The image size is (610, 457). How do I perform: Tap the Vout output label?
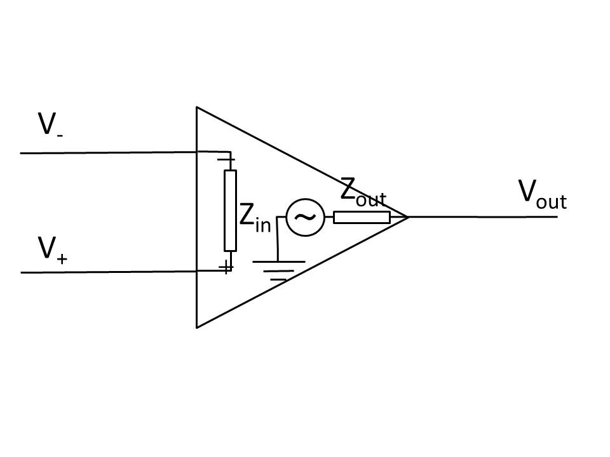pyautogui.click(x=542, y=195)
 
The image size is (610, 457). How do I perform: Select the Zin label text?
pyautogui.click(x=255, y=218)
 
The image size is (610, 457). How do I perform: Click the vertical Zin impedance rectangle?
pyautogui.click(x=230, y=211)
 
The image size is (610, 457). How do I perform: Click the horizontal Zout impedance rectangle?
pyautogui.click(x=362, y=217)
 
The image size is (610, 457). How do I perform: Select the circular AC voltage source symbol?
pyautogui.click(x=306, y=217)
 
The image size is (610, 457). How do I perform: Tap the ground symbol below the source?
pyautogui.click(x=278, y=270)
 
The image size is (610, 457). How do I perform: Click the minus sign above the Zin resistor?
pyautogui.click(x=226, y=159)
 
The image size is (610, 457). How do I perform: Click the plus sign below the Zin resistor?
pyautogui.click(x=226, y=267)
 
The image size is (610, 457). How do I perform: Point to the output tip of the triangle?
pyautogui.click(x=408, y=217)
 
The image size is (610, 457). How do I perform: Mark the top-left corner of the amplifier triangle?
pyautogui.click(x=197, y=107)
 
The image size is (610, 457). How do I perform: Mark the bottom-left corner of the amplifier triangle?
pyautogui.click(x=197, y=328)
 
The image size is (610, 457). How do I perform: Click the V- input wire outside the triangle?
pyautogui.click(x=109, y=153)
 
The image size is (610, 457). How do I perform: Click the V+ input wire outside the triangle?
pyautogui.click(x=109, y=272)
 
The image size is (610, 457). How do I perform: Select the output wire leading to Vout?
pyautogui.click(x=483, y=217)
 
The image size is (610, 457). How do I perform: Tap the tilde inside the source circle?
pyautogui.click(x=305, y=217)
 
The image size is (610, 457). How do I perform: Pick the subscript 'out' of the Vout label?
pyautogui.click(x=552, y=202)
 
